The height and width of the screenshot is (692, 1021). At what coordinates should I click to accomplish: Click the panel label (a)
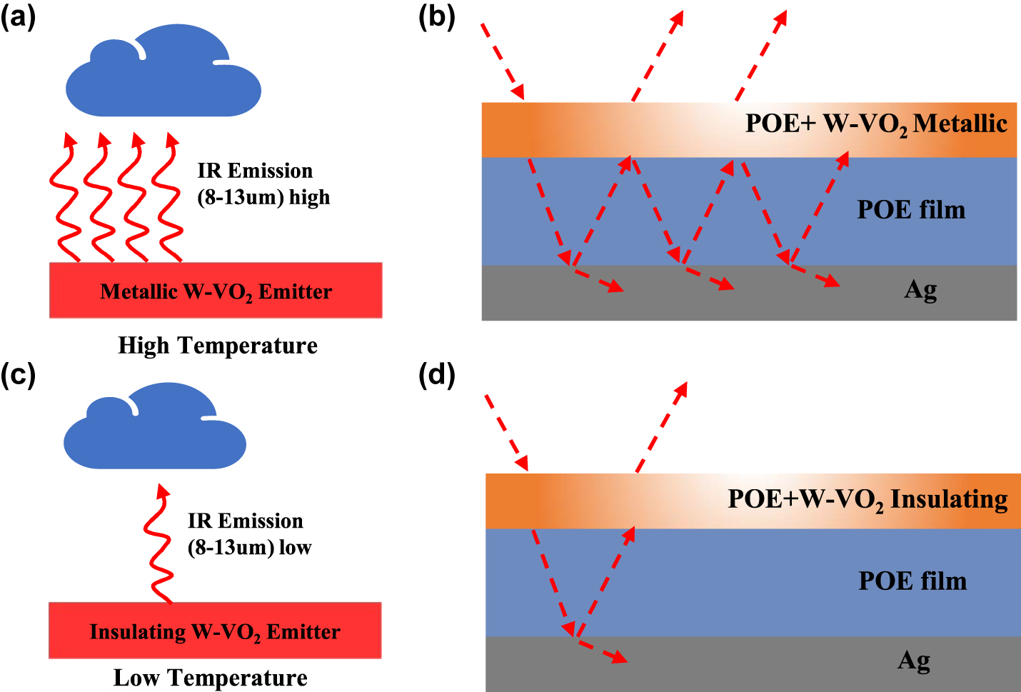point(18,17)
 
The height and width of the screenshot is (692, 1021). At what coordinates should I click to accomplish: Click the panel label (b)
point(436,17)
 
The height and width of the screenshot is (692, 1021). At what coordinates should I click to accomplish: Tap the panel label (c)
point(18,374)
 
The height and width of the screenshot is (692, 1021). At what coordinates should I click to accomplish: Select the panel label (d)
point(436,374)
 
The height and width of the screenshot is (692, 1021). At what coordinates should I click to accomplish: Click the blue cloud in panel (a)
point(163,75)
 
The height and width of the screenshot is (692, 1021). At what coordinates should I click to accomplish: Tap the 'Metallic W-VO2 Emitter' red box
point(216,291)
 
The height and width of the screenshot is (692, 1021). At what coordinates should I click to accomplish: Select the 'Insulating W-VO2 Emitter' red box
point(215,631)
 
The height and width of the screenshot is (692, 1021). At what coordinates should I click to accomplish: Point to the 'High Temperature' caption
point(218,346)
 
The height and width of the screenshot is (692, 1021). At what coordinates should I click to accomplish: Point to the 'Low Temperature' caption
point(211,678)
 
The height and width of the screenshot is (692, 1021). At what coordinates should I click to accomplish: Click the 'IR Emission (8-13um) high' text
point(263,184)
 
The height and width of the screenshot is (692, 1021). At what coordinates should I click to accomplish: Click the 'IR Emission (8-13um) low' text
point(249,533)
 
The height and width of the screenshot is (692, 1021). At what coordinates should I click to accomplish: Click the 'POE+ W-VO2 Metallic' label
point(875,124)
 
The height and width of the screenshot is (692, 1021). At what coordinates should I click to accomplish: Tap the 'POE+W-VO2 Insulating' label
point(867,499)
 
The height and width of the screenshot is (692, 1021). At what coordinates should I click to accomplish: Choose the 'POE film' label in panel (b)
point(911,210)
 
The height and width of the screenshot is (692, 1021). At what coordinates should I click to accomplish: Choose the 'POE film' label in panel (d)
point(912,581)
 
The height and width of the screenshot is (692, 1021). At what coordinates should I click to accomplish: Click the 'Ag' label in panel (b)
point(920,290)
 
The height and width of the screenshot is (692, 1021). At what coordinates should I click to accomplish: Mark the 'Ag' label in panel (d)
point(914,661)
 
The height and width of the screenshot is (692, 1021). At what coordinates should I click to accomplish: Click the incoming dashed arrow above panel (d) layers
point(506,432)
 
